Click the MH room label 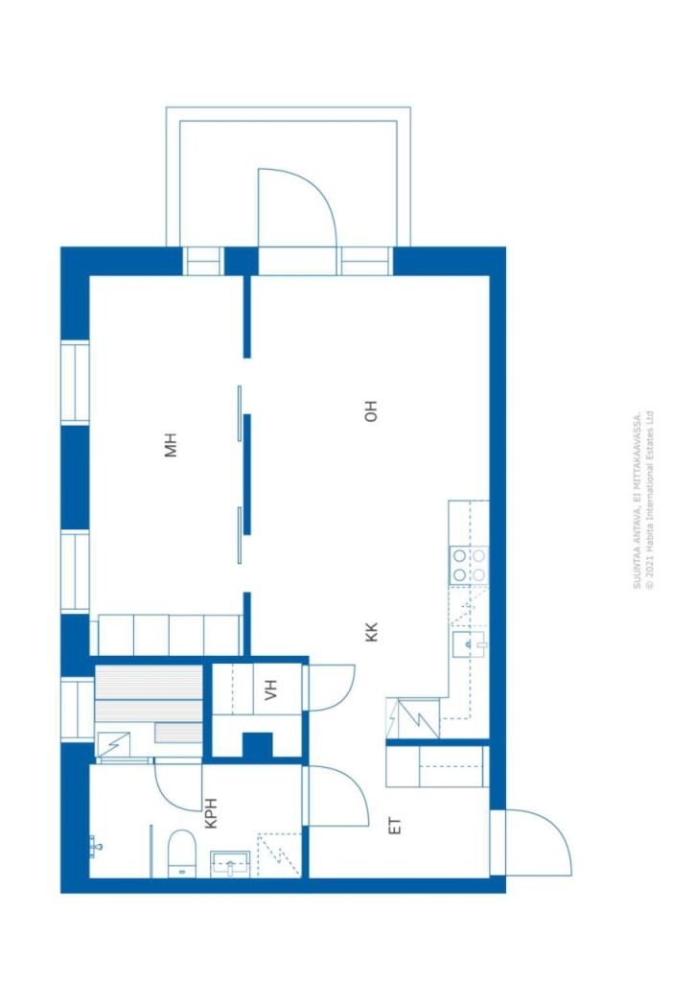tap(171, 445)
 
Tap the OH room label tap(371, 410)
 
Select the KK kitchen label tap(372, 631)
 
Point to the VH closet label tap(270, 690)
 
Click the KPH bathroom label tap(212, 813)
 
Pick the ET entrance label tap(395, 826)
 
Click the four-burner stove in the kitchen tap(469, 565)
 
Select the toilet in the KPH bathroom tap(182, 853)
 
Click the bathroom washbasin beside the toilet tap(230, 865)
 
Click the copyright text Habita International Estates tap(650, 500)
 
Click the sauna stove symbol tap(113, 744)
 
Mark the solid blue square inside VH tap(257, 744)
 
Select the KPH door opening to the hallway tap(306, 794)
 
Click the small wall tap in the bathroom tap(95, 846)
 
